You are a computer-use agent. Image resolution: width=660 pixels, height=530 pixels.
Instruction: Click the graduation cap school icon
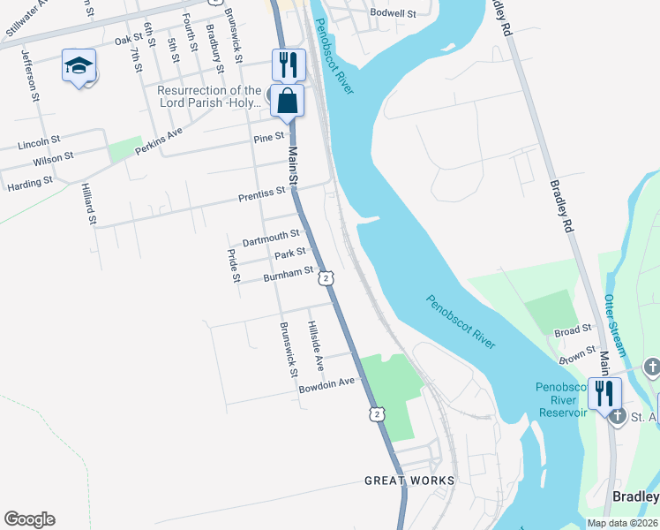pos(79,65)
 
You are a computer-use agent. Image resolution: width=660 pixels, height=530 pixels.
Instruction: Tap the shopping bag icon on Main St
pos(287,101)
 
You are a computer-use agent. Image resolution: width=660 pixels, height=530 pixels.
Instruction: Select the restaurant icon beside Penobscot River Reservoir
pos(604,392)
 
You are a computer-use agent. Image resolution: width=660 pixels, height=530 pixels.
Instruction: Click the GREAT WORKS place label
pos(410,481)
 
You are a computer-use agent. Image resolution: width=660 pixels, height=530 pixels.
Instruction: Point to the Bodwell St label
pos(394,13)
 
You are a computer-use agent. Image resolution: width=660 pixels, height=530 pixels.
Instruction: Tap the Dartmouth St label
pos(271,238)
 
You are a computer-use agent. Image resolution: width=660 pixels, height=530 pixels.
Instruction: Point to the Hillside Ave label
pos(315,345)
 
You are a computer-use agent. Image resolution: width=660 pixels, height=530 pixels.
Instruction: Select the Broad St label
pos(573,330)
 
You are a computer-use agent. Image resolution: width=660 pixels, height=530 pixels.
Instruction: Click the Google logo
pos(29,519)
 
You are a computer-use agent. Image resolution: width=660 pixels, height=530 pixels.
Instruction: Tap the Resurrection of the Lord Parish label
pos(209,96)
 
